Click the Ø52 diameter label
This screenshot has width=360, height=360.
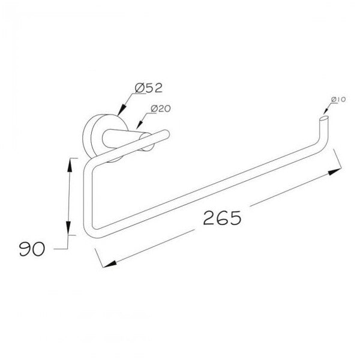click(149, 88)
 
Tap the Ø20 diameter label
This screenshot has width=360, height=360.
click(161, 109)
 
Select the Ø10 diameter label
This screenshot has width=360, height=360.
click(338, 100)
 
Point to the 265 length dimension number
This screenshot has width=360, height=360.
click(222, 218)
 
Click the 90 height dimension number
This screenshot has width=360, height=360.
click(32, 249)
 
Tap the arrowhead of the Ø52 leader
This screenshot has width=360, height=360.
click(122, 109)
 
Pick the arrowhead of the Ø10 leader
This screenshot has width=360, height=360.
click(326, 111)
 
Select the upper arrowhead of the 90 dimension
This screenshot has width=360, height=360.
click(70, 166)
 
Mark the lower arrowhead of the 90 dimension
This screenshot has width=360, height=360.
click(68, 228)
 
